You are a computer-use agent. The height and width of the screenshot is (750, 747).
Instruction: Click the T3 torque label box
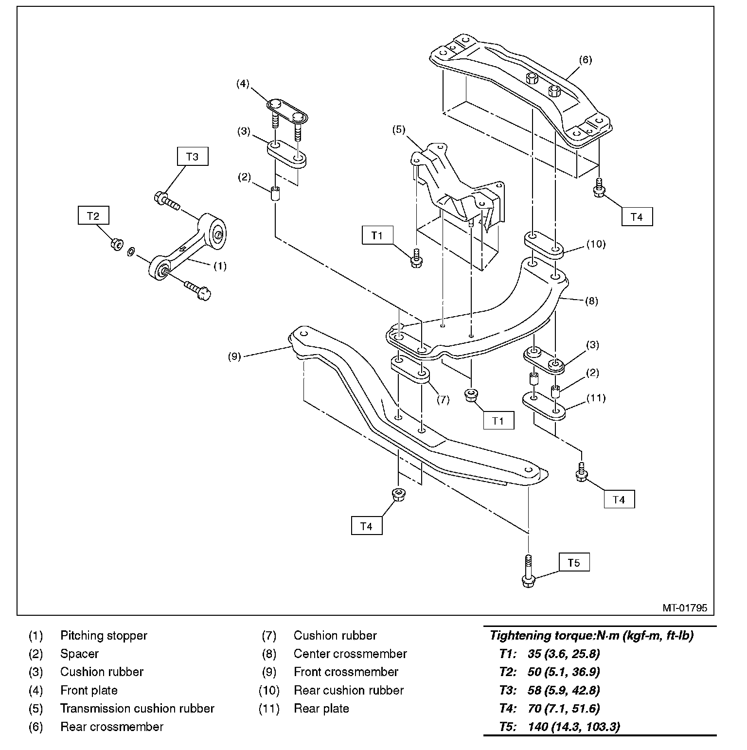(193, 157)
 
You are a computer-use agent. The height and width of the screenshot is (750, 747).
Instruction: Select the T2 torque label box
(93, 215)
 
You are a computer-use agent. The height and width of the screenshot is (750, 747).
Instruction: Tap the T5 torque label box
(574, 563)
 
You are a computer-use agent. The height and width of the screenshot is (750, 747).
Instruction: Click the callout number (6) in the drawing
(586, 60)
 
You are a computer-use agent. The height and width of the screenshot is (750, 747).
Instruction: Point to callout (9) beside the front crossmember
(234, 356)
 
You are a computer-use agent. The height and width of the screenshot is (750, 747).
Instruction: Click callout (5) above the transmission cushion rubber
(399, 130)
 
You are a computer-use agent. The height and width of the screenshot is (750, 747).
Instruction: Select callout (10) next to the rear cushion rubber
(595, 244)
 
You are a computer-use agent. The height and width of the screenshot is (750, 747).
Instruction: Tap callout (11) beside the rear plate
(596, 398)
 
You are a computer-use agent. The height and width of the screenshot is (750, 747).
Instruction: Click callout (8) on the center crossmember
(591, 301)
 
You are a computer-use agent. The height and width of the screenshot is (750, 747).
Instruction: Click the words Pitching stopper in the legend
(104, 635)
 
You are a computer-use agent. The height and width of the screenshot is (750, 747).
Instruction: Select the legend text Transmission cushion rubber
(137, 708)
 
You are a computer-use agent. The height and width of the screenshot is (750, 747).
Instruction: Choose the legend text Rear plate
(321, 708)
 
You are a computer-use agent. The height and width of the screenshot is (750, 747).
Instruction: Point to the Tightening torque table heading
(591, 635)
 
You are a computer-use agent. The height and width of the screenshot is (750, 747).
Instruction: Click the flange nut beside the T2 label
(116, 244)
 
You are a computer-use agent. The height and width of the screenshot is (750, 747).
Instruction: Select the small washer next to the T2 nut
(131, 252)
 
